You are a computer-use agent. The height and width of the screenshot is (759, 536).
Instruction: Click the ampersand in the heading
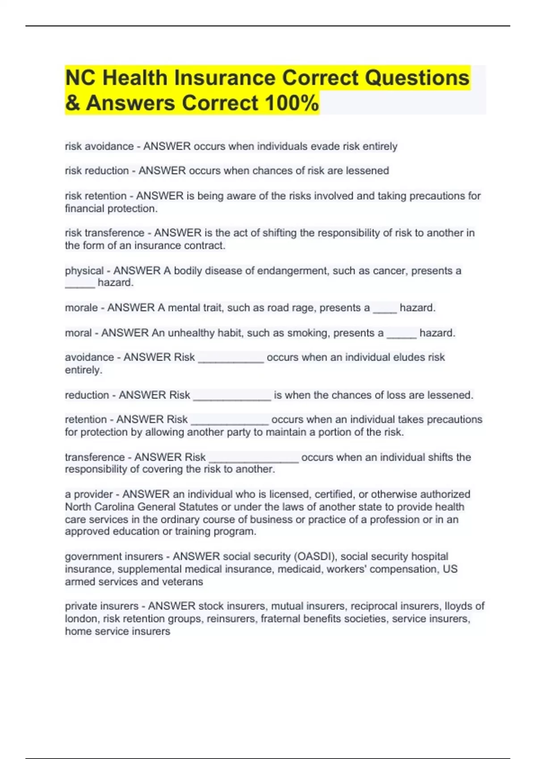click(72, 103)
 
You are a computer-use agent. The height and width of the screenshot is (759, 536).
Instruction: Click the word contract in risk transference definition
click(206, 246)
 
